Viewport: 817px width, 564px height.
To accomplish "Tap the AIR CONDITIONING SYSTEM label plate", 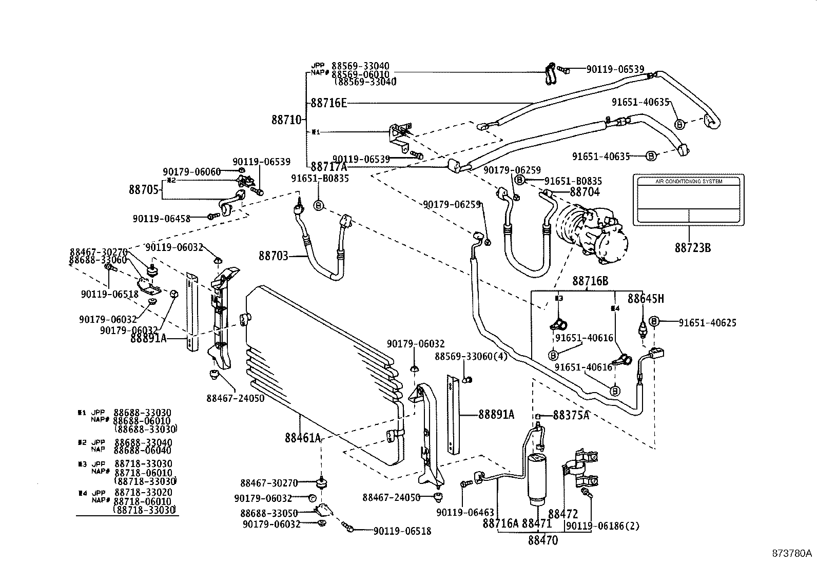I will point(688,200).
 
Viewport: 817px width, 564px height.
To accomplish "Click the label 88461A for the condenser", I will point(303,438).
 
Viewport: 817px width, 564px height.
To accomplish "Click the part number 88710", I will point(286,120).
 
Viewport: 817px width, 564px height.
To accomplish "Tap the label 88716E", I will point(328,104).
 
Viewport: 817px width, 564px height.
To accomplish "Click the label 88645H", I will point(646,298).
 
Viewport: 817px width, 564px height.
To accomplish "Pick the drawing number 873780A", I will point(792,553).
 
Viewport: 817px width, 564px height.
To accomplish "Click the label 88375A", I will point(571,415).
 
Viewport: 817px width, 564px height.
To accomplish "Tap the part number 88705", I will point(144,189).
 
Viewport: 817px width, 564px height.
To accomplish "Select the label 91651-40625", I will point(707,323).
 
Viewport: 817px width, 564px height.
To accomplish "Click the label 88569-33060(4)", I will point(471,356).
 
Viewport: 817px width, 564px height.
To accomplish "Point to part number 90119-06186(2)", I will point(603,526).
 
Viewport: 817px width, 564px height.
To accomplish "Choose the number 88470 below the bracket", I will point(543,540).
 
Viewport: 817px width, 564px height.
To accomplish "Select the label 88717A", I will point(328,167).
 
